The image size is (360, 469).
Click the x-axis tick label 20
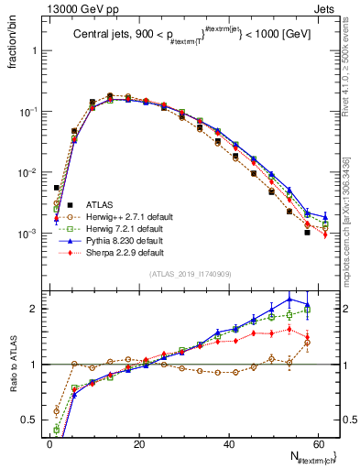[138, 442]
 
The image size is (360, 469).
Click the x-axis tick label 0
[49, 442]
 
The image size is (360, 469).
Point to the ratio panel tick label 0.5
[30, 421]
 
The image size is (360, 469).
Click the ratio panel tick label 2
[37, 309]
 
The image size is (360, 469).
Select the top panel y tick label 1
[37, 50]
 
